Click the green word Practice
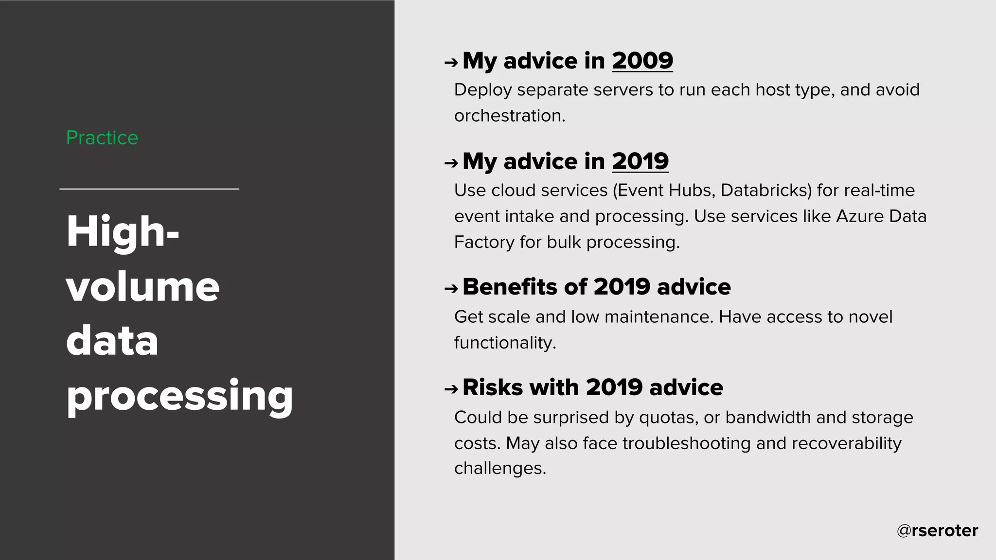point(102,138)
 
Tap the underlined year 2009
point(642,61)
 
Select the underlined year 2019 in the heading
point(640,161)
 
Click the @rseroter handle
point(937,530)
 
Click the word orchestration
point(509,116)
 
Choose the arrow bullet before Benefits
point(451,289)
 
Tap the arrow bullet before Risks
point(451,389)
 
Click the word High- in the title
point(123,232)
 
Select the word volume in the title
point(142,287)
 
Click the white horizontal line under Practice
point(149,189)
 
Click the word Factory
point(484,242)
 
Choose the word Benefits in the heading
point(510,287)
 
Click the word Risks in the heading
point(493,387)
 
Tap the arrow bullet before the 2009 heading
point(451,62)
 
